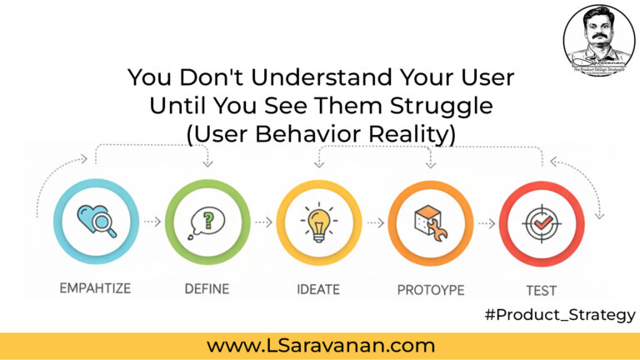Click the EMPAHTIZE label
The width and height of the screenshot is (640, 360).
coord(95,289)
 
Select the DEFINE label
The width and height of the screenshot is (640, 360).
coord(207,289)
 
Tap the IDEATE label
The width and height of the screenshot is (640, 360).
coord(317,289)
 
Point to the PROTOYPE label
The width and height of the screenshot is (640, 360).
coord(430,289)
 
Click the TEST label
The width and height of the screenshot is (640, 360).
coord(541,289)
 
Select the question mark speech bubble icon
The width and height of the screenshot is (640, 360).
coord(207,222)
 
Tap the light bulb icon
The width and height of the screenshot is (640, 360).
coord(318,222)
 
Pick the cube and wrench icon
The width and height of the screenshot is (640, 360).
coord(430,222)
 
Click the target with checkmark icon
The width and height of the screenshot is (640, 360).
coord(541,222)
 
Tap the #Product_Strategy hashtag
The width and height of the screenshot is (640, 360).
coord(559,315)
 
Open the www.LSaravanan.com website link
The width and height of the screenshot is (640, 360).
coord(321,345)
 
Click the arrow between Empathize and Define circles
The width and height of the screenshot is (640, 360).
coord(152,223)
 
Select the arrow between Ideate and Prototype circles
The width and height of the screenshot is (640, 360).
coord(374,223)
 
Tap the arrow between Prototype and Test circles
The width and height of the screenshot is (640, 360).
coord(486,223)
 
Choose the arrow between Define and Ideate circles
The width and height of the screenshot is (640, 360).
coord(262,223)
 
